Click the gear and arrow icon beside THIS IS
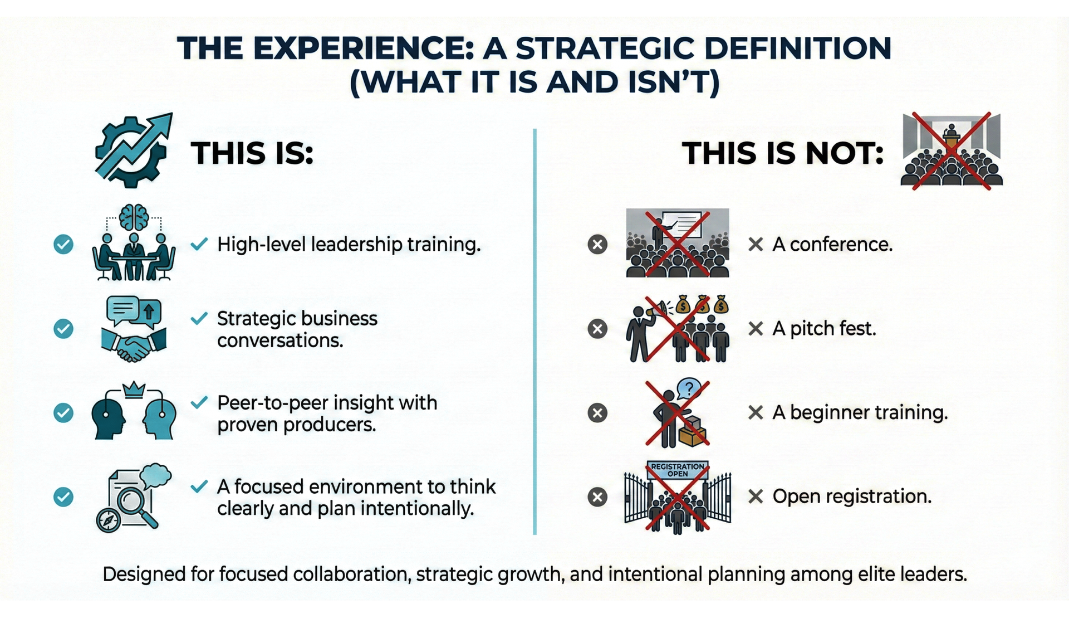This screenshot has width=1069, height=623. coord(133,150)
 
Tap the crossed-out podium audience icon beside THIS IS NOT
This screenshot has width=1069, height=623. coord(951,151)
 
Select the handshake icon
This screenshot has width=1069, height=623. coord(134,345)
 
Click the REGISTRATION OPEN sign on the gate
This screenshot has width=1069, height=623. coord(678,470)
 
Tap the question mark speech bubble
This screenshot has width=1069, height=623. coord(689,388)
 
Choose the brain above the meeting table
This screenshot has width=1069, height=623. coord(134,217)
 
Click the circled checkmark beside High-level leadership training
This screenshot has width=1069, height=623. coord(63,244)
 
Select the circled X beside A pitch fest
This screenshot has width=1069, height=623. coord(597,329)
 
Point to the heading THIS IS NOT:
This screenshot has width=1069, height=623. coord(783,153)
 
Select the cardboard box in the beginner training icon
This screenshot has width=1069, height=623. coord(692,431)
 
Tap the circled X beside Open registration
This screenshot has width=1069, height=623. coord(597,497)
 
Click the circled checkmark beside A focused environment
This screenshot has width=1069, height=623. coord(63,497)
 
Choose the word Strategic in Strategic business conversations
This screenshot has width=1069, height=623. coord(256,319)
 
